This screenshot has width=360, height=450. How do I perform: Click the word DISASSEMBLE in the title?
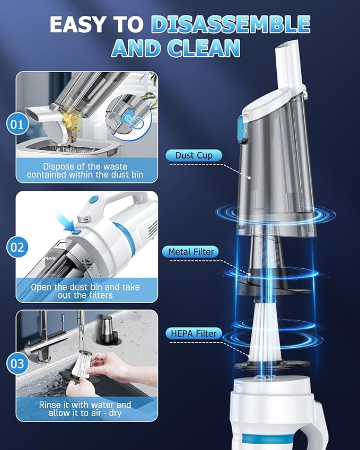point(231,24)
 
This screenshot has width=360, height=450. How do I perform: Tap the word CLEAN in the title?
point(204,48)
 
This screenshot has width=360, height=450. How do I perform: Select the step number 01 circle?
point(17,125)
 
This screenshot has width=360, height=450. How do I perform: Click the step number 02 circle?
point(17,246)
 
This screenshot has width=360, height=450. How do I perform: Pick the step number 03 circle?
point(17,364)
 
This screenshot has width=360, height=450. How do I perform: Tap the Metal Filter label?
point(191,252)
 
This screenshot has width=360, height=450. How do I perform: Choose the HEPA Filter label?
point(193,333)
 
